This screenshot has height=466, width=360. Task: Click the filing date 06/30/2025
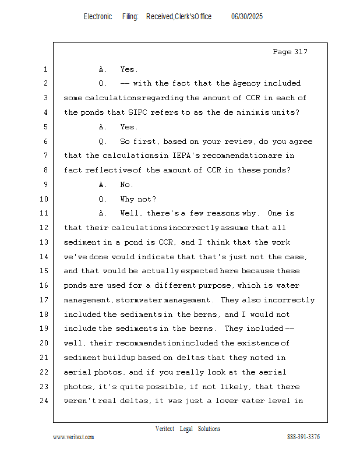click(x=247, y=17)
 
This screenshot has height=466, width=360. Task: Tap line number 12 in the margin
click(x=44, y=228)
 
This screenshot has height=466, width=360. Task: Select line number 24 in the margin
click(x=44, y=401)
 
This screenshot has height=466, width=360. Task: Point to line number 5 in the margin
click(x=44, y=127)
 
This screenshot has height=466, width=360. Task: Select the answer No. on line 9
click(x=126, y=185)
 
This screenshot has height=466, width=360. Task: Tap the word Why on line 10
click(x=128, y=199)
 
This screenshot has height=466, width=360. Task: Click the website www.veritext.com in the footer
click(x=73, y=437)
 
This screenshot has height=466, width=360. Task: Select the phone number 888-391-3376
click(x=303, y=437)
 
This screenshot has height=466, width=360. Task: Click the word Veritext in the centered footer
click(x=164, y=429)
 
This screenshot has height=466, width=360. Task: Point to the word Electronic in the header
click(x=97, y=17)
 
